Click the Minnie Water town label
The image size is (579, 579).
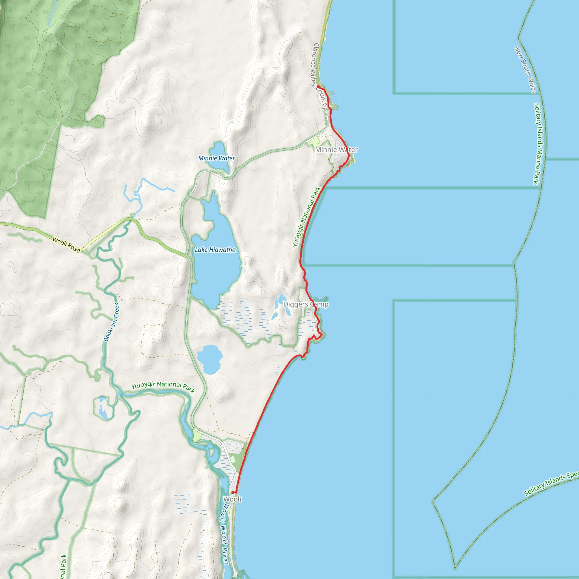pyautogui.click(x=336, y=150)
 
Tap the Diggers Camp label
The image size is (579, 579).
pyautogui.click(x=306, y=304)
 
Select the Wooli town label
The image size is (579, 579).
pyautogui.click(x=232, y=499)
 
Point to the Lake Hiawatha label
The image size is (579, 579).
pyautogui.click(x=215, y=250)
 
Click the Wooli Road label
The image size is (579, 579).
pyautogui.click(x=66, y=245)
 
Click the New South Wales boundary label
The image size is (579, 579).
pyautogui.click(x=525, y=70)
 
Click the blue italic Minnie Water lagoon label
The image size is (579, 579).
pyautogui.click(x=217, y=158)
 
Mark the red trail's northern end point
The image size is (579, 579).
pyautogui.click(x=318, y=87)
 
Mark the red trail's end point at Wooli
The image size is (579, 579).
pyautogui.click(x=233, y=492)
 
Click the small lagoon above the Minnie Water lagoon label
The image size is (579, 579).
pyautogui.click(x=218, y=149)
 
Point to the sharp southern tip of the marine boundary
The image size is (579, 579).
pyautogui.click(x=455, y=568)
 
